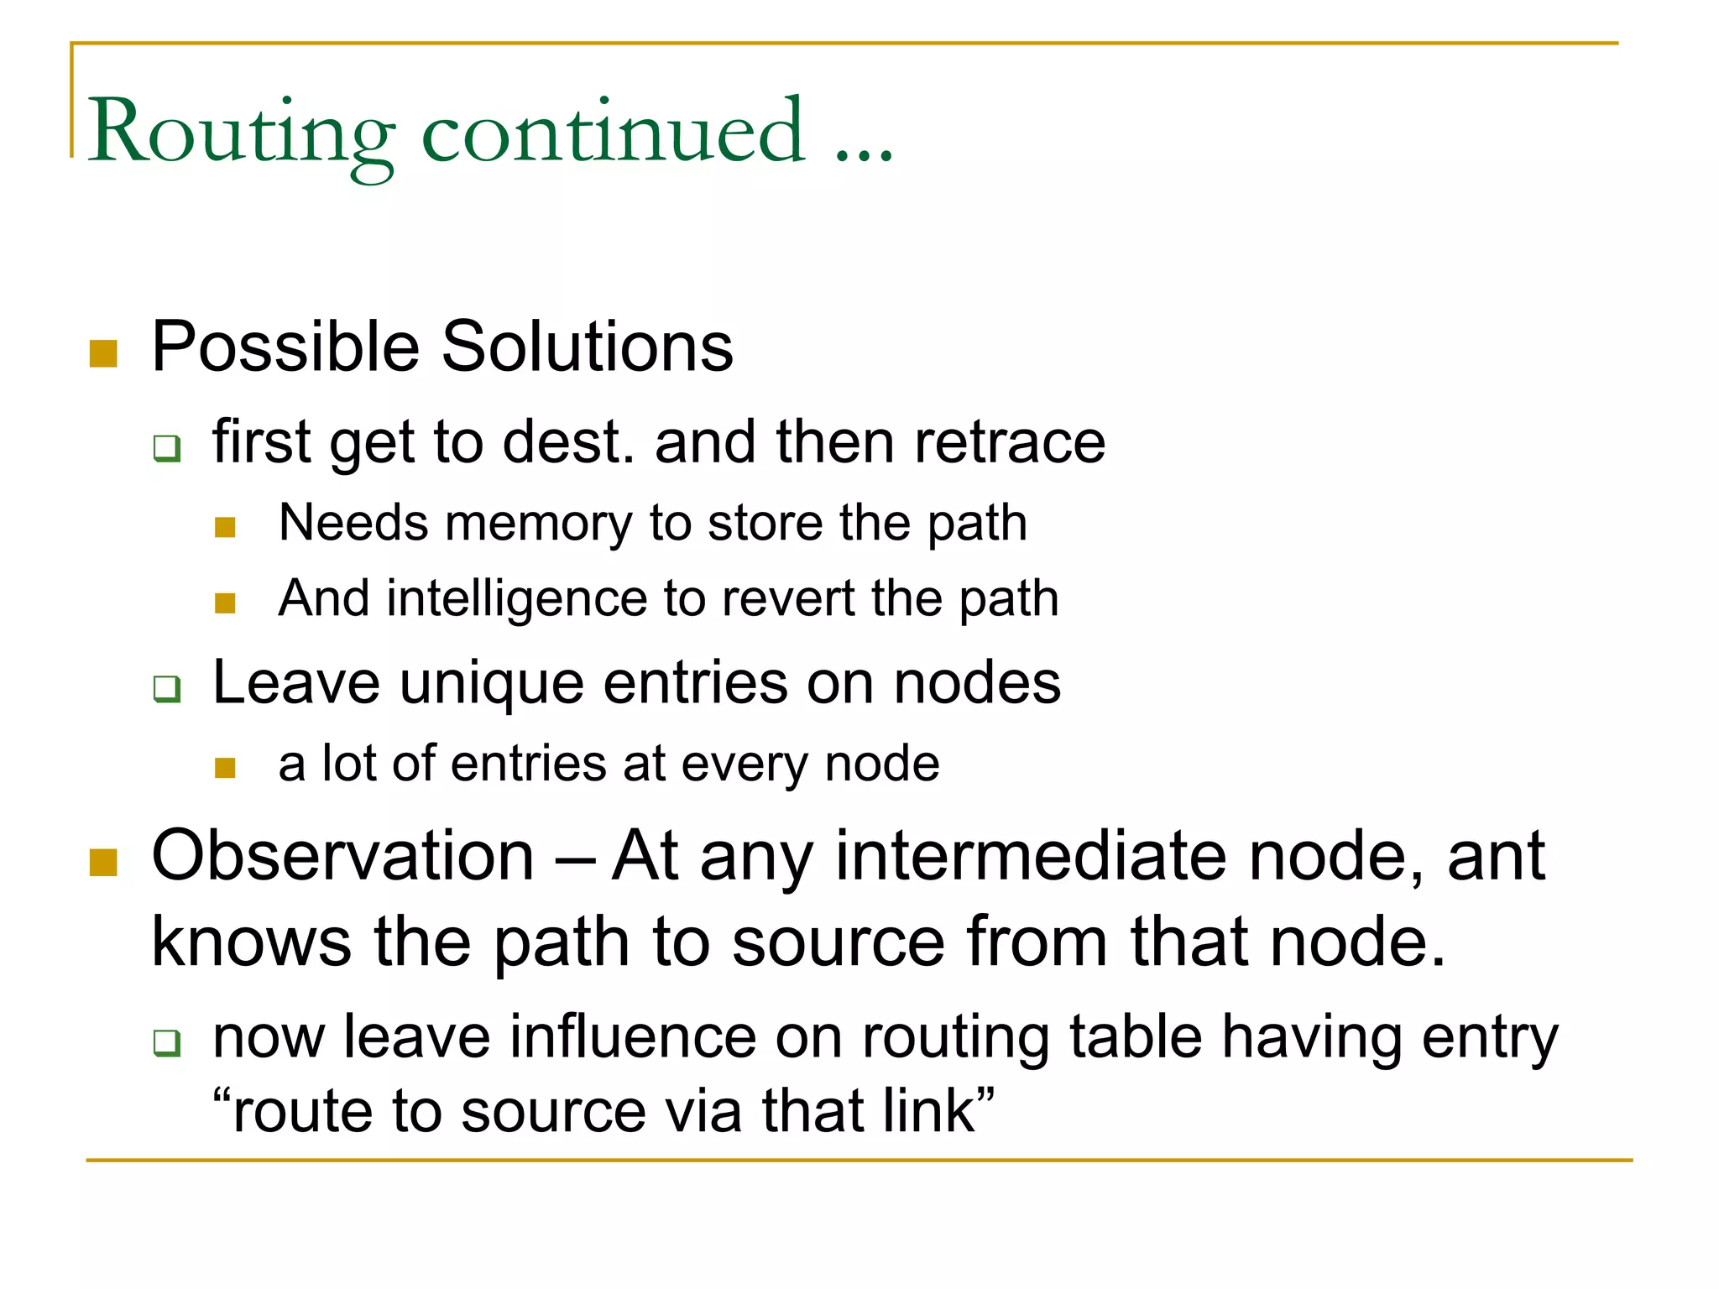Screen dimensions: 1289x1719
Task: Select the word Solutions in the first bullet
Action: (587, 347)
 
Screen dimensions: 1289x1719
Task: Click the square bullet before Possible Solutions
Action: (103, 353)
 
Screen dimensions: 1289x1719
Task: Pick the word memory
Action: (538, 524)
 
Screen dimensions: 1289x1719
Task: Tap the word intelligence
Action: (517, 599)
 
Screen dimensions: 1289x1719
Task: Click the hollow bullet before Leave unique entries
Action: (167, 688)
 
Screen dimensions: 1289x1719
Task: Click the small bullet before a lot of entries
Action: (225, 768)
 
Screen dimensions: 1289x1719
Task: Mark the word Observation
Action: (343, 857)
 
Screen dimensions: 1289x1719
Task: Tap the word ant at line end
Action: (1496, 857)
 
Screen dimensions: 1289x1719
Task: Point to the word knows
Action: (250, 942)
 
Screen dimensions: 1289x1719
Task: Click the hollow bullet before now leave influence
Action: (167, 1043)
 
